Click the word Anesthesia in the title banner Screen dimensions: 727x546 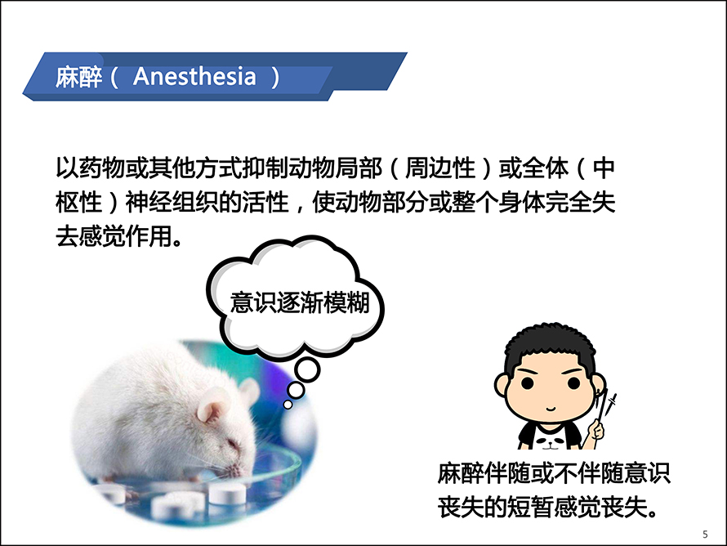[x=194, y=77]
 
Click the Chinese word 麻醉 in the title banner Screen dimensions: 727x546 [x=78, y=77]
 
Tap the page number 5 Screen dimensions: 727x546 [x=705, y=534]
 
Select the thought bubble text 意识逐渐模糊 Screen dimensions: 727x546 [x=300, y=303]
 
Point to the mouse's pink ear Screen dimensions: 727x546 [x=211, y=410]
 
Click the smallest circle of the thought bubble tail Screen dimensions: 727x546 [x=288, y=405]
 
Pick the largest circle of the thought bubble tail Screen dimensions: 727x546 [x=307, y=370]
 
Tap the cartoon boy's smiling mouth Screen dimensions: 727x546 [x=551, y=409]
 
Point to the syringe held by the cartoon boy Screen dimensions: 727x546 [x=606, y=409]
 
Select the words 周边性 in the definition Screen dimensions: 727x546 [x=440, y=168]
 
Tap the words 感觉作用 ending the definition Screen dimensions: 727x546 [x=125, y=236]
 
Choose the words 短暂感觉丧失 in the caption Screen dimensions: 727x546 [x=577, y=507]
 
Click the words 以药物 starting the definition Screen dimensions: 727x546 [x=91, y=168]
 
